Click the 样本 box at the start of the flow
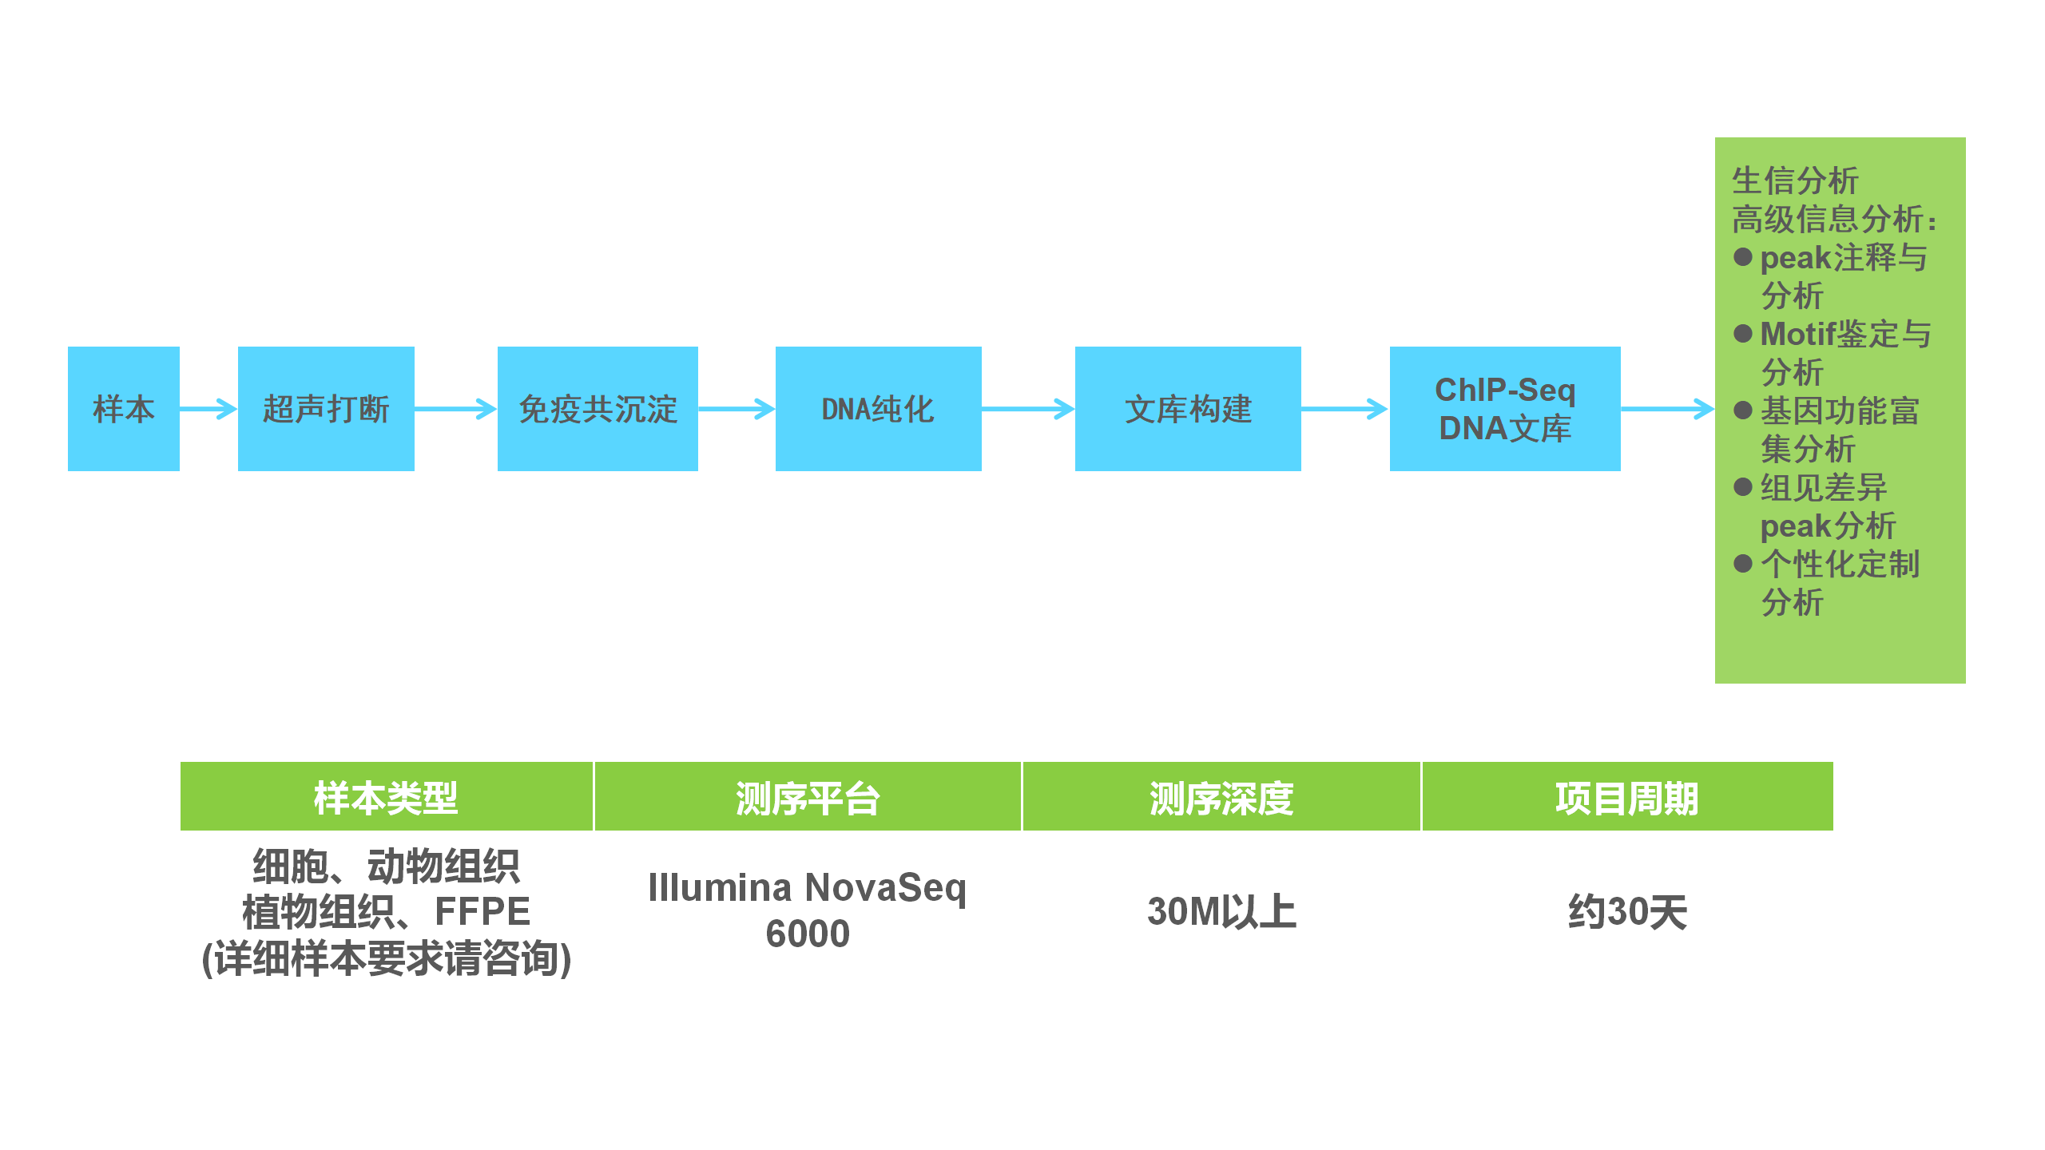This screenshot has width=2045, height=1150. pos(124,409)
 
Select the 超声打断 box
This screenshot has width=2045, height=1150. pos(326,409)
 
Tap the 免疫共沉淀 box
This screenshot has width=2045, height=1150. pos(598,409)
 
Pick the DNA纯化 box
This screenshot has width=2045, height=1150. pos(878,409)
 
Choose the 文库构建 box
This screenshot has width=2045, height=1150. pos(1188,409)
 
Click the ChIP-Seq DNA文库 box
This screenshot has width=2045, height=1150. pos(1505,409)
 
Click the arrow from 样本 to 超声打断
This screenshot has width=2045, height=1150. pos(208,409)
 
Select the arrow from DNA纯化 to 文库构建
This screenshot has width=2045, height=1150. pos(1028,409)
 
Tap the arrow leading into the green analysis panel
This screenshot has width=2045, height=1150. pos(1668,409)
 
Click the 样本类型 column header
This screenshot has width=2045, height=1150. pos(387,797)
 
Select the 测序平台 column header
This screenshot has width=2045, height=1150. pos(808,797)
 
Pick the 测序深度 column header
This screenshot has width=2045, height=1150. pos(1221,797)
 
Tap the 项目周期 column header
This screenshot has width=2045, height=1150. pos(1627,797)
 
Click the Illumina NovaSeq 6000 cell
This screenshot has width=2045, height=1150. pos(808,910)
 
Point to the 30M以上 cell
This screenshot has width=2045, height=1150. pos(1221,911)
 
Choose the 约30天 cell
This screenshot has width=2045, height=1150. pos(1627,911)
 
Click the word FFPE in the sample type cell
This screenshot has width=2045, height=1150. pos(482,911)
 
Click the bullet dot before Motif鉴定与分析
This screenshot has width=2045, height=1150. pos(1743,333)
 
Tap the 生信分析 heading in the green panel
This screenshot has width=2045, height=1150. pos(1795,180)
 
